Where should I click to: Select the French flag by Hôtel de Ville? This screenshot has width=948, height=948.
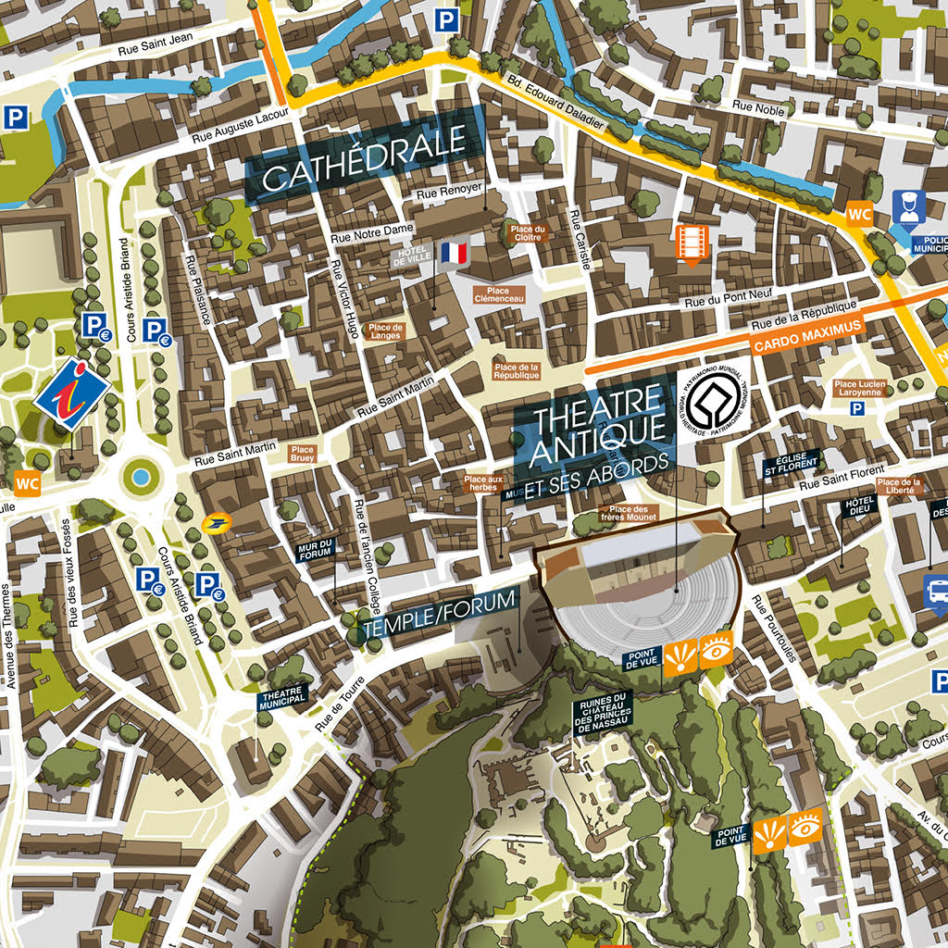pyautogui.click(x=455, y=253)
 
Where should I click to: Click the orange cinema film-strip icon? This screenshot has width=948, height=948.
pyautogui.click(x=692, y=243)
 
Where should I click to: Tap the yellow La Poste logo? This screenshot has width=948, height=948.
pyautogui.click(x=216, y=524)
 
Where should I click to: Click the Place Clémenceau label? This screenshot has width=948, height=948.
pyautogui.click(x=499, y=294)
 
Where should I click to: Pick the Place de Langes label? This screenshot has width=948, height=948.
pyautogui.click(x=385, y=331)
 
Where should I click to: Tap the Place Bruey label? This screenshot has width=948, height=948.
pyautogui.click(x=303, y=453)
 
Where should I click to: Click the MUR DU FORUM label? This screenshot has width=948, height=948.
pyautogui.click(x=315, y=552)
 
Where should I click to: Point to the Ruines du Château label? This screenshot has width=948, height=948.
pyautogui.click(x=601, y=714)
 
